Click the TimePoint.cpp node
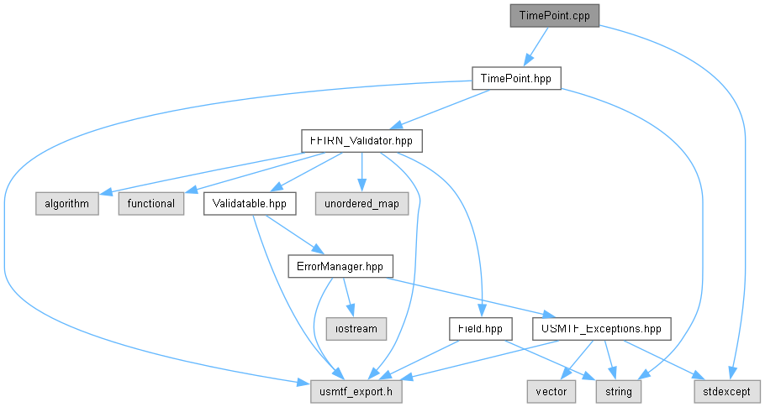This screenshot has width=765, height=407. point(554,16)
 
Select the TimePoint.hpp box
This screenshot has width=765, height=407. point(516,78)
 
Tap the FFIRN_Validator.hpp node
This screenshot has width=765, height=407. point(361,141)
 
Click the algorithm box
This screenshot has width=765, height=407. point(67,203)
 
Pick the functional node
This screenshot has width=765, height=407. point(151,203)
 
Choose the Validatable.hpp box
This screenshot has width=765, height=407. point(250,203)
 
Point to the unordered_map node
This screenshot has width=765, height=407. point(361,203)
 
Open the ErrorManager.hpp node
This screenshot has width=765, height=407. point(340,266)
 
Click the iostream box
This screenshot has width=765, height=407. point(356,329)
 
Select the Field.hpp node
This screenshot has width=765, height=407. point(481,329)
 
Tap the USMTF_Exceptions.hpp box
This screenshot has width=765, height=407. point(602,329)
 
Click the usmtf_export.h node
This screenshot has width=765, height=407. point(356,391)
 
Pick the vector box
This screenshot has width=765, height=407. point(551,391)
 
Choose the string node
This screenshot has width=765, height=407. point(619,391)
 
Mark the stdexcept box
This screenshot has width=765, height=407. point(727,391)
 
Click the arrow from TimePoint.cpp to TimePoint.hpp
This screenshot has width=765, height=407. point(535,46)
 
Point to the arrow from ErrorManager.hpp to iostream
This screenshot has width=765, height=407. point(348,297)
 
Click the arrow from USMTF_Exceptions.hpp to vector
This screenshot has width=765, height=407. point(578,360)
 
